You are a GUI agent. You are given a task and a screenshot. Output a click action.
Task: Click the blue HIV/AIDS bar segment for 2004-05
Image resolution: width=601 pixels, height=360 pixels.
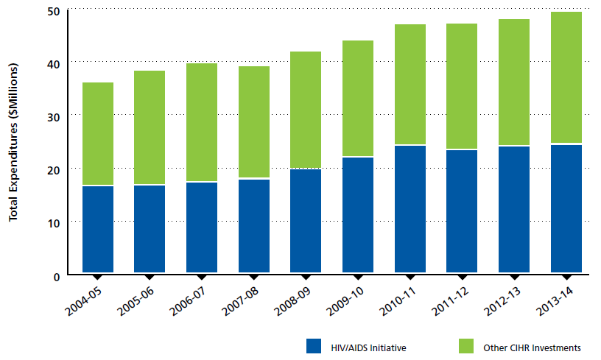pyautogui.click(x=98, y=229)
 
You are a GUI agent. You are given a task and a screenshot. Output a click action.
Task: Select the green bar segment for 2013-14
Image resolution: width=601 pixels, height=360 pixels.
pyautogui.click(x=566, y=77)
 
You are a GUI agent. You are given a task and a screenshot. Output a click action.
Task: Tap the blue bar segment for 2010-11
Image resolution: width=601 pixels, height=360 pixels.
pyautogui.click(x=410, y=209)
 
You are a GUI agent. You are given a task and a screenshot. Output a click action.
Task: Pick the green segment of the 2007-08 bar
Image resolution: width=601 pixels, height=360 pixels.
pyautogui.click(x=254, y=122)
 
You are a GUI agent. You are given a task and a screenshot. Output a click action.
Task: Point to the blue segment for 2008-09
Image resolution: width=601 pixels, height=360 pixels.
pyautogui.click(x=306, y=221)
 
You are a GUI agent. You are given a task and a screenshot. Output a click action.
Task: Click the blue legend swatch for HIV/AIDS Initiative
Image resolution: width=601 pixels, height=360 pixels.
pyautogui.click(x=315, y=347)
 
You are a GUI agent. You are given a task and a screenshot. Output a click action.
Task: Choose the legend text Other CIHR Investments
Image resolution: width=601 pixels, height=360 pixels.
pyautogui.click(x=533, y=347)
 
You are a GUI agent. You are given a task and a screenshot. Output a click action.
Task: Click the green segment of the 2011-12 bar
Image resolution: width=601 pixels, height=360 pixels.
pyautogui.click(x=463, y=86)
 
